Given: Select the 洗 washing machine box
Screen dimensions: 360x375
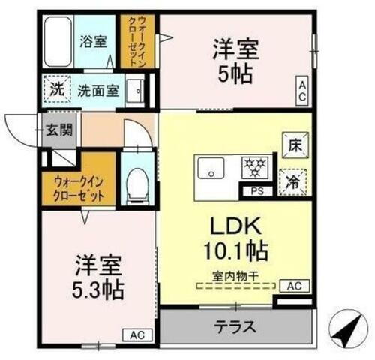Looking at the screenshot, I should click(x=57, y=89).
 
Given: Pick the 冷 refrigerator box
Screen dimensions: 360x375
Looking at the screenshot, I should click(x=293, y=180).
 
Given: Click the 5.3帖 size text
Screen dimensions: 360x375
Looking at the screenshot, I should click(x=99, y=288).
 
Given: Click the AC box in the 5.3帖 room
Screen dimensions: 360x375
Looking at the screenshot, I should click(x=138, y=335).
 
